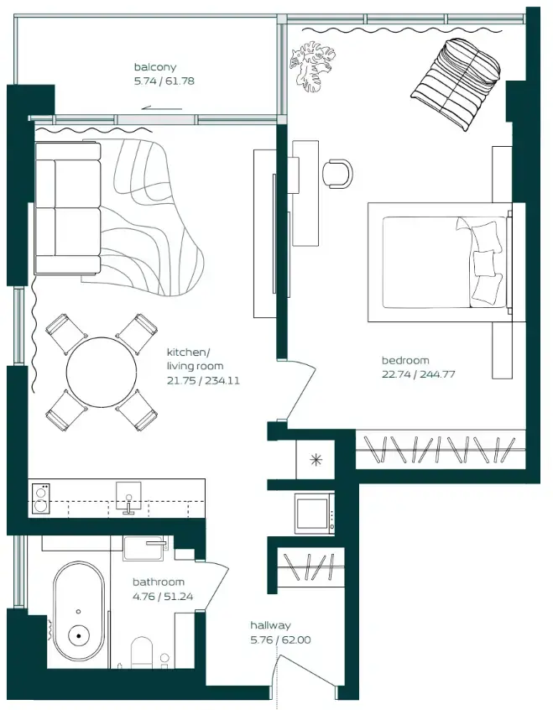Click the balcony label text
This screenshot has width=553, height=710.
[x=155, y=67]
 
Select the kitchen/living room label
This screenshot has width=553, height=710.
[x=195, y=359]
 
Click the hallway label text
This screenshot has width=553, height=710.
[x=270, y=625]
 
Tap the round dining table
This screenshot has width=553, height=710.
[x=102, y=372]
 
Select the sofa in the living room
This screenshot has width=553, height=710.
[x=67, y=207]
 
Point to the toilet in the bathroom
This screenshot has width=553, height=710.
[x=143, y=652]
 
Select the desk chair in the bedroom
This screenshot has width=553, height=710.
[x=338, y=172]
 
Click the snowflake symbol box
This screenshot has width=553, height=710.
[x=316, y=459]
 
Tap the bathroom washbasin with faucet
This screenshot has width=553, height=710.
[x=147, y=548]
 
